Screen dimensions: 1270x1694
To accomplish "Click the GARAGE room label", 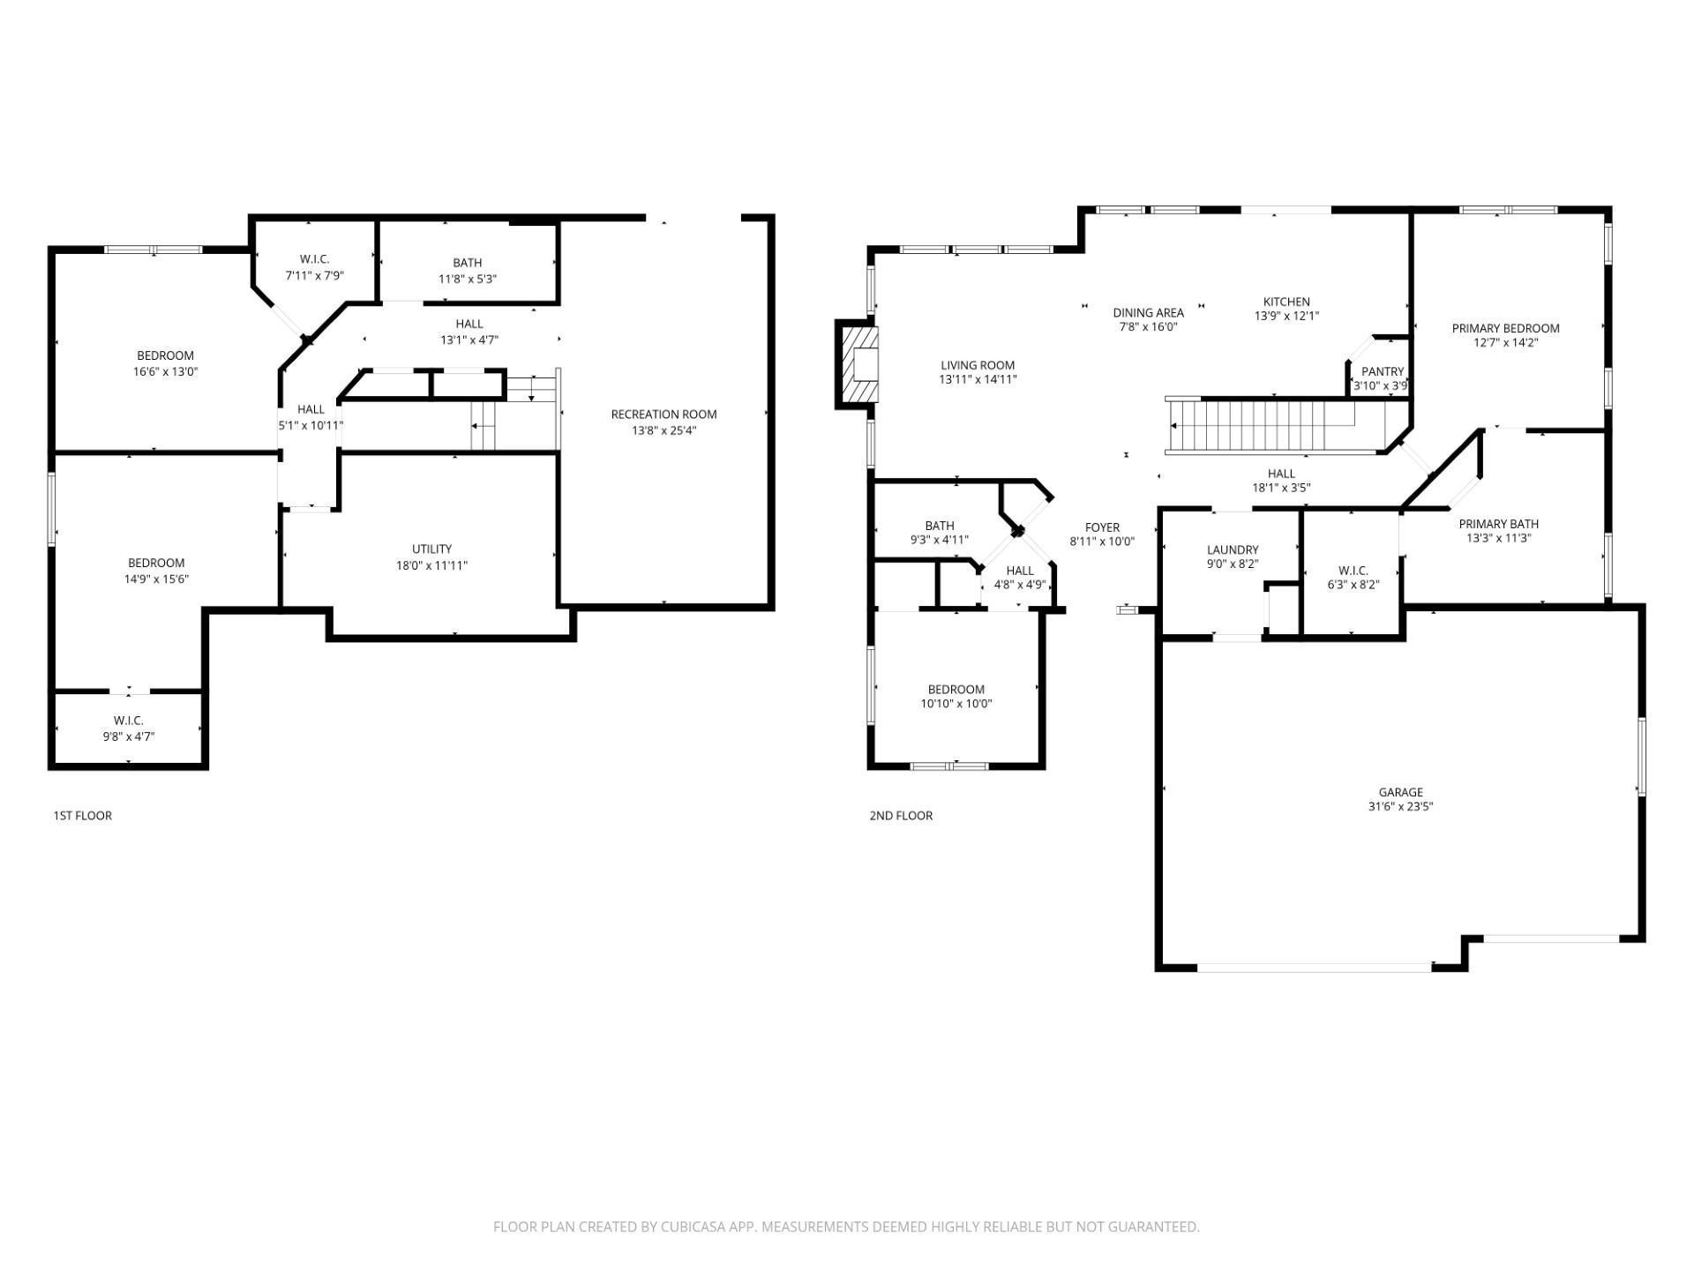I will [x=1400, y=792].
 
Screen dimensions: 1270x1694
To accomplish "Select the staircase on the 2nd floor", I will [x=1262, y=425].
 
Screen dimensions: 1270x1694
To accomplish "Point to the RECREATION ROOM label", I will [x=663, y=415].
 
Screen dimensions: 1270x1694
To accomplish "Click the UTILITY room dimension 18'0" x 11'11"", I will [x=431, y=565].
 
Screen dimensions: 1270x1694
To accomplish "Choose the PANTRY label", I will [x=1382, y=371].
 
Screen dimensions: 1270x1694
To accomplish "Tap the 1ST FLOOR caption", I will [x=82, y=816].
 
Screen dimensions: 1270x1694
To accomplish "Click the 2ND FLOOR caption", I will [x=900, y=816].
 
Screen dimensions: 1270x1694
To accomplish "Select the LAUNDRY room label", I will [x=1232, y=549].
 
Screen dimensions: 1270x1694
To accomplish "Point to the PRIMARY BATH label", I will [x=1498, y=524].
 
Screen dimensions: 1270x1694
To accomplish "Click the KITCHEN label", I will [x=1285, y=302].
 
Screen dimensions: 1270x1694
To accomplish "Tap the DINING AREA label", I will [x=1148, y=312].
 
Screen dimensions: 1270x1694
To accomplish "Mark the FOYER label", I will [x=1101, y=527].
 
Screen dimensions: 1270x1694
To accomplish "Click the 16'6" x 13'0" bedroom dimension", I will [x=165, y=372].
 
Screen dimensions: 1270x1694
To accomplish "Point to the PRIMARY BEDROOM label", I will [x=1505, y=328].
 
